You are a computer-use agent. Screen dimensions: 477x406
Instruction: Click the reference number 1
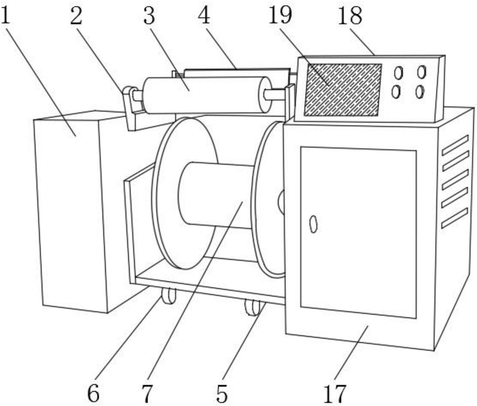coord(6,16)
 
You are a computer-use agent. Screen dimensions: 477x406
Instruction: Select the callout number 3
coord(149,16)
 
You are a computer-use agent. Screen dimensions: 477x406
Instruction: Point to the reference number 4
coord(204,16)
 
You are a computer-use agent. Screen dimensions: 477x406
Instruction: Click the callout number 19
coord(280,16)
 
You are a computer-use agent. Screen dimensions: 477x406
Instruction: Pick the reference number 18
coord(350,16)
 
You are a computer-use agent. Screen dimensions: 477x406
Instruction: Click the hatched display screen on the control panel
coord(343,90)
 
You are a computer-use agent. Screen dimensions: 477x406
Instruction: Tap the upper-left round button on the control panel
coord(399,73)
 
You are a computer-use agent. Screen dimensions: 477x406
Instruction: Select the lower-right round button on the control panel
coord(419,92)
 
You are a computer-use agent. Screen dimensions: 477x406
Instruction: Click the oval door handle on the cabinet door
coord(314,224)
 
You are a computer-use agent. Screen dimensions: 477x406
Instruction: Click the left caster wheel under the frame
coord(168,296)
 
